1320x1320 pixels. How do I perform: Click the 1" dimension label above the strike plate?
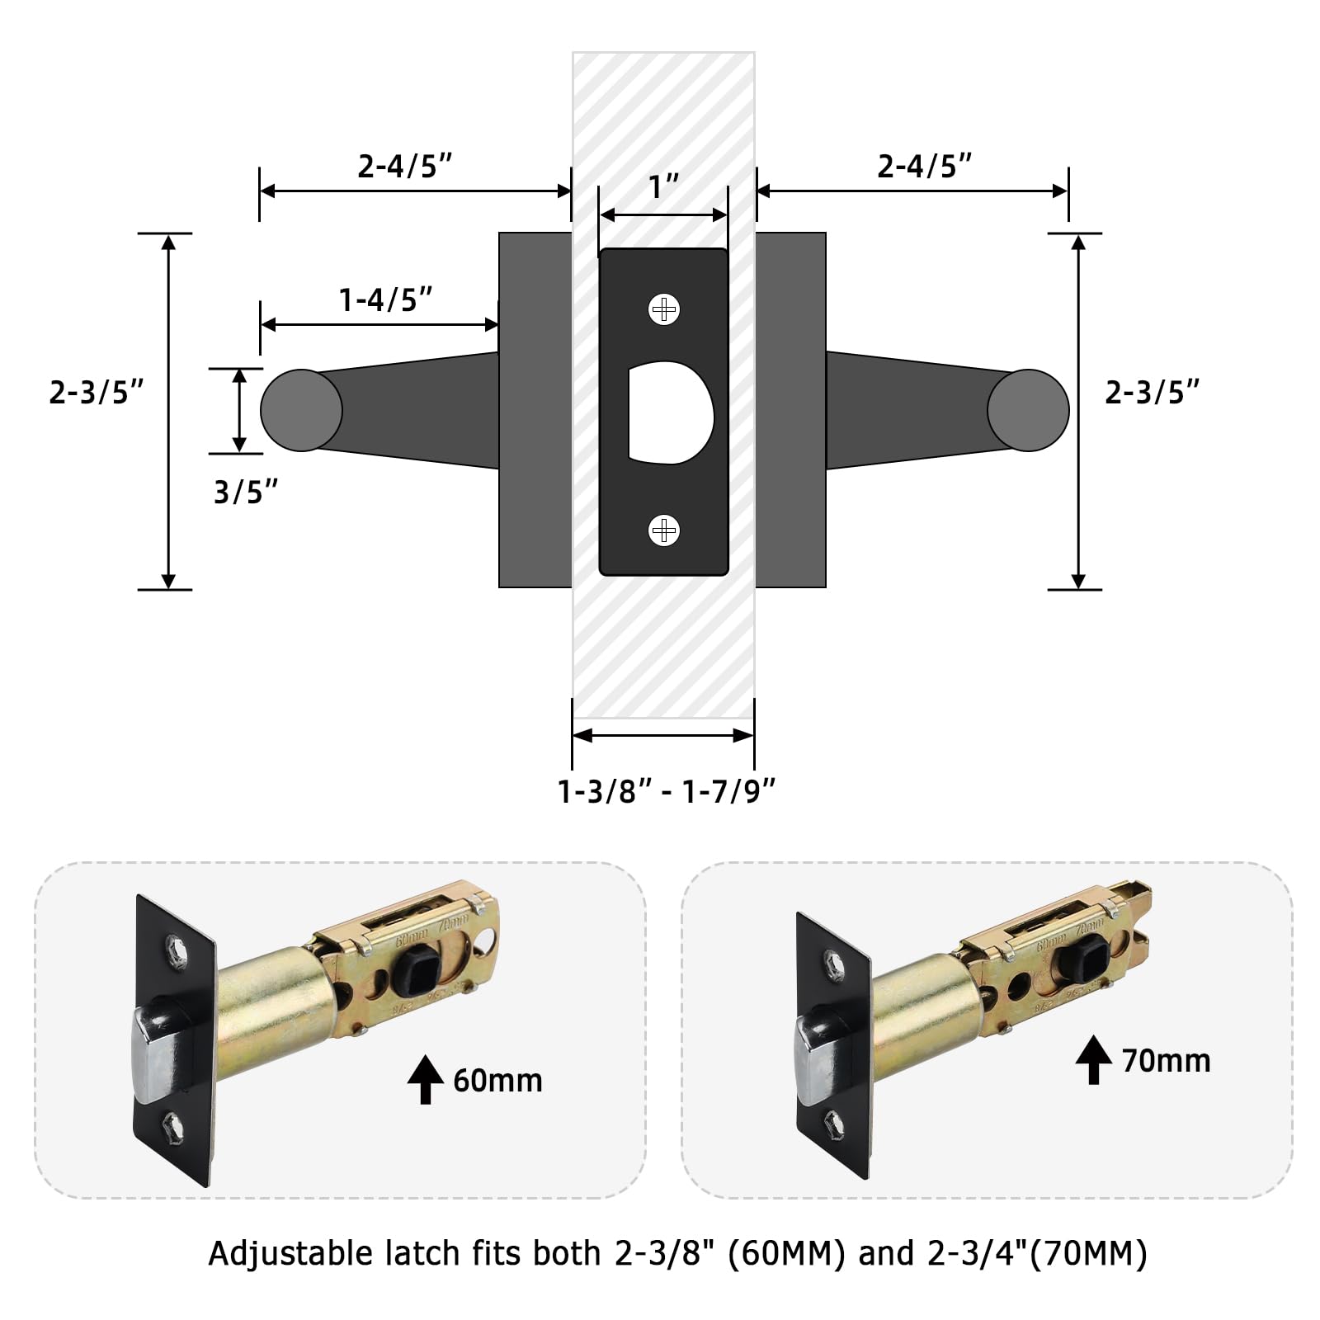click(663, 187)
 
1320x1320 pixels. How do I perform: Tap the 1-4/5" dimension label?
click(385, 300)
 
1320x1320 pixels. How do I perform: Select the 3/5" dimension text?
click(245, 493)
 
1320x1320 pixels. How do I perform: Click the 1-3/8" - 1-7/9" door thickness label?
click(667, 792)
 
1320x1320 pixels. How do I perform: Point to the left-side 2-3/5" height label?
click(96, 393)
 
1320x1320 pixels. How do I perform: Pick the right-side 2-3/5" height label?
click(1152, 393)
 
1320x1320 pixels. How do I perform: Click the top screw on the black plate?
click(663, 310)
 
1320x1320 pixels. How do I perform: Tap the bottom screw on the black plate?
click(663, 530)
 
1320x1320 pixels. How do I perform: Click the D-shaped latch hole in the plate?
click(668, 412)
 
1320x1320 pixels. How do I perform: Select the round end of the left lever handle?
click(301, 410)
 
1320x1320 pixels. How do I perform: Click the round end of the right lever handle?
click(1028, 410)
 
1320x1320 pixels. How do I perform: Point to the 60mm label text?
click(497, 1081)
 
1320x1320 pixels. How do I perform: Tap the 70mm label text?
click(1166, 1061)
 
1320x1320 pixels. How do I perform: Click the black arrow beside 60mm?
click(426, 1079)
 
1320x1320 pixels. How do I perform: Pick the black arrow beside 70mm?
click(1094, 1059)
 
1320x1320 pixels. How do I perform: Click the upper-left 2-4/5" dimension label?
click(404, 167)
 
